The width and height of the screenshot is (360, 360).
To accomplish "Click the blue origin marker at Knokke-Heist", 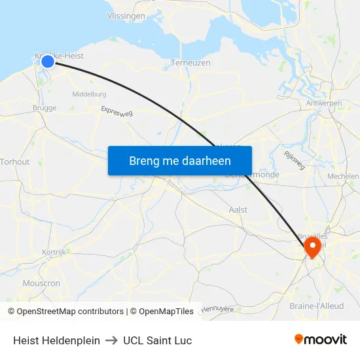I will pyautogui.click(x=48, y=62).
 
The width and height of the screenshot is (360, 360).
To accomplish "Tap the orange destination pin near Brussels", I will pyautogui.click(x=312, y=247).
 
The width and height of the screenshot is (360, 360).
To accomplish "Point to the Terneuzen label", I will pyautogui.click(x=190, y=63).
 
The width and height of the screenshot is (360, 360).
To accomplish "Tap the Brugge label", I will pyautogui.click(x=45, y=108).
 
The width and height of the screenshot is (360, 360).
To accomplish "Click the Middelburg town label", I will pyautogui.click(x=89, y=94).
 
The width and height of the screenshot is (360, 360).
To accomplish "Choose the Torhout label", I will pyautogui.click(x=15, y=162).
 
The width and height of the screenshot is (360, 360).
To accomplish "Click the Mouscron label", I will pyautogui.click(x=41, y=283).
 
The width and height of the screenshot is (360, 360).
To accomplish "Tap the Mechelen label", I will pyautogui.click(x=344, y=176).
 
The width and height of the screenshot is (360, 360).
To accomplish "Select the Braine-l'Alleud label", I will pyautogui.click(x=316, y=306).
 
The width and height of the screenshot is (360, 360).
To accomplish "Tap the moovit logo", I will pyautogui.click(x=320, y=340).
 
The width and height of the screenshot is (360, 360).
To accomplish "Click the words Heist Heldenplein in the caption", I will pyautogui.click(x=56, y=340).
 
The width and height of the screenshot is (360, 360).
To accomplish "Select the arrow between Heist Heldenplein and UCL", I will pyautogui.click(x=111, y=340).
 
